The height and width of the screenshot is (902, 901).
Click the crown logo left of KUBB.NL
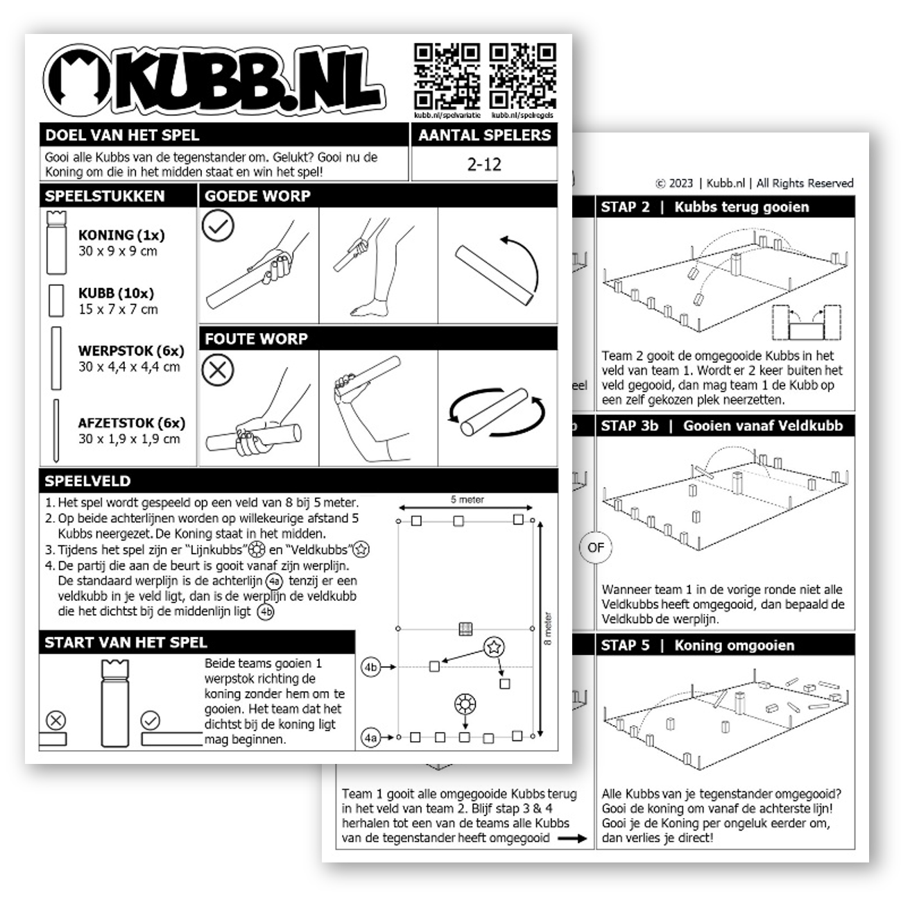(77, 80)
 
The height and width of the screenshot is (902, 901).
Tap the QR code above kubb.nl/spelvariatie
(447, 76)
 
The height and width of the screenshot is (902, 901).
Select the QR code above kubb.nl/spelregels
(522, 76)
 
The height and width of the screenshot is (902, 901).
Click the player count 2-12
(484, 165)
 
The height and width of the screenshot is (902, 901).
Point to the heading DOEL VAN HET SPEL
(122, 135)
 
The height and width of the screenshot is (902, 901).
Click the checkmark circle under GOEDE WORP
(218, 226)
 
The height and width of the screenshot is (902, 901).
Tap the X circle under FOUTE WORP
(218, 369)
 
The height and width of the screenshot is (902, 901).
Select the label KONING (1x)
(121, 235)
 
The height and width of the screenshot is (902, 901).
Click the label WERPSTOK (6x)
(131, 351)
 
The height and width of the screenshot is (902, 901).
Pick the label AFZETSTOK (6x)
(132, 423)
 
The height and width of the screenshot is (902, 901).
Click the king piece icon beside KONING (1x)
(55, 243)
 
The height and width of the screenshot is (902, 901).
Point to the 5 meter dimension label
(467, 500)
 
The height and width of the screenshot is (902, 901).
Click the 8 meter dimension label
(548, 629)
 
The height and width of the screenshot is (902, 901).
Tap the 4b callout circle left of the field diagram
(371, 667)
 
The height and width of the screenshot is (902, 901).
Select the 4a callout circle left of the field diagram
(371, 738)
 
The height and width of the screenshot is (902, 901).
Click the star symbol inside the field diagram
(493, 647)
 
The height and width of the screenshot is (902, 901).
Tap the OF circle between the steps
(595, 547)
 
